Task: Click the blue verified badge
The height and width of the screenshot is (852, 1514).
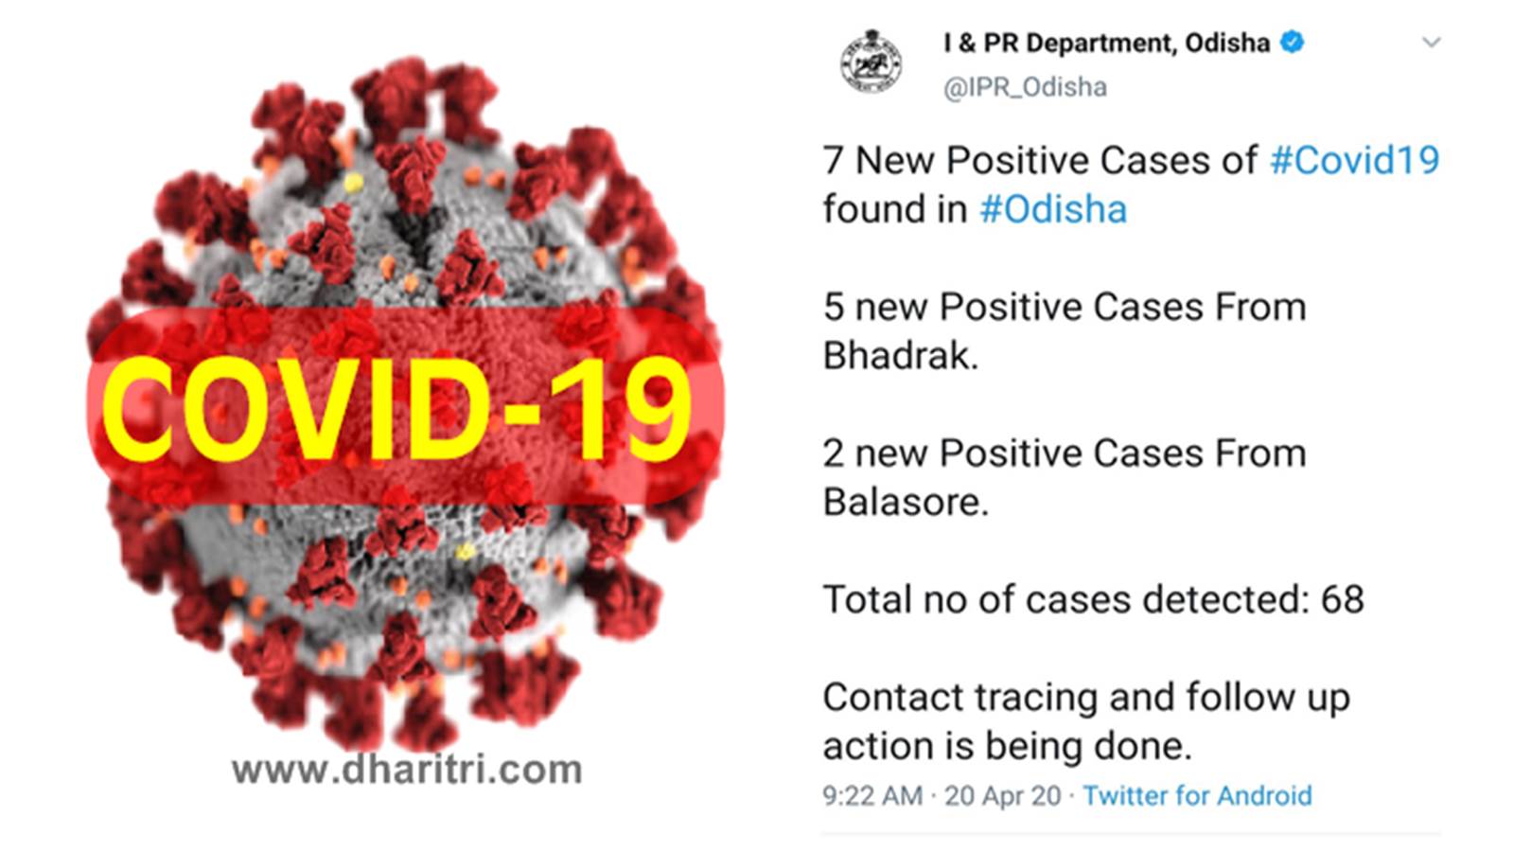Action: (1292, 42)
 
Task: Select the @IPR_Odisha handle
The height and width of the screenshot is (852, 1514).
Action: (1025, 87)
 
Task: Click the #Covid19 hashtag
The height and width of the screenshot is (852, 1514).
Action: (1354, 161)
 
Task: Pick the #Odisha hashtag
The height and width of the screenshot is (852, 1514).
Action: (1053, 209)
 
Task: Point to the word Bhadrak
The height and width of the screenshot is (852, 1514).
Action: (900, 355)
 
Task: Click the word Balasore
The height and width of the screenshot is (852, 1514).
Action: (906, 502)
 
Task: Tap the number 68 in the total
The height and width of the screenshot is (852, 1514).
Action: (1343, 600)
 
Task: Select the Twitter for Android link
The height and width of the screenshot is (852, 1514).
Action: (1197, 796)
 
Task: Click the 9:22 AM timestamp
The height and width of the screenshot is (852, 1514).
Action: (872, 796)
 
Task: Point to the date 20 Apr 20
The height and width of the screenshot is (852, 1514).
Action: (1002, 796)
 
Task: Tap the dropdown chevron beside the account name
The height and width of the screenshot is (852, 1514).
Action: (1431, 43)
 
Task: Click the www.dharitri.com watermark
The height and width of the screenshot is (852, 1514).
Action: (407, 770)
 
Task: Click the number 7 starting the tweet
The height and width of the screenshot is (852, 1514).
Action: (834, 161)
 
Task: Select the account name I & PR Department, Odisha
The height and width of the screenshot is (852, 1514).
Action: (1106, 44)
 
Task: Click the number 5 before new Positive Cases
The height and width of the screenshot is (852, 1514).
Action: (834, 307)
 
